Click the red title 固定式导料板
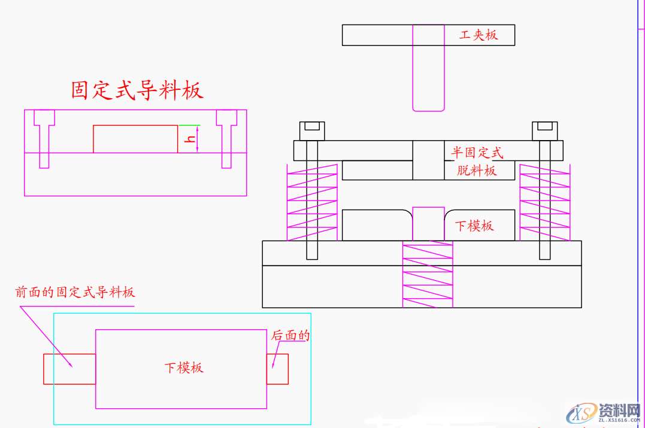tap(137, 90)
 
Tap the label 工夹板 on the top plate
tap(478, 35)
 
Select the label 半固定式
tap(477, 153)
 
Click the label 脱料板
tap(477, 171)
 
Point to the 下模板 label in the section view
tap(474, 226)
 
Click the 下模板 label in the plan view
tap(184, 368)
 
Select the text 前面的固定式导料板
tap(75, 292)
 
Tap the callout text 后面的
tap(291, 336)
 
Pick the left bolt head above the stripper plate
tap(311, 128)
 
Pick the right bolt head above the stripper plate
tap(544, 128)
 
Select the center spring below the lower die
tap(428, 274)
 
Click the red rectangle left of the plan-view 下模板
tap(69, 369)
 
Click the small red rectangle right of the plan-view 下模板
tap(277, 369)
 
